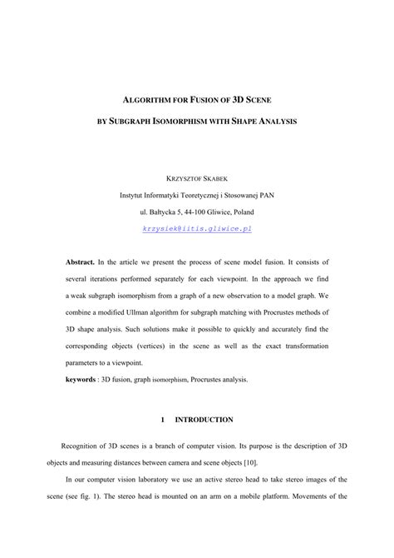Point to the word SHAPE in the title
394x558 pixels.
click(263, 122)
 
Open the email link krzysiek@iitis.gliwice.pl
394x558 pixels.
click(197, 227)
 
